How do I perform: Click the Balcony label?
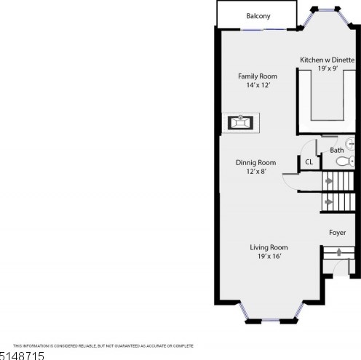[x=258, y=16]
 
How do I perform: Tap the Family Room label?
[x=258, y=76]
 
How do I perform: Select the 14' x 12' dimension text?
[x=258, y=85]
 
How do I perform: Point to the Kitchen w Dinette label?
[x=328, y=60]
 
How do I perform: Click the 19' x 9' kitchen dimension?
[x=328, y=68]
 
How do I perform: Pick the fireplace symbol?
[x=240, y=123]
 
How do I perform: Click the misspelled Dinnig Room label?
[x=255, y=162]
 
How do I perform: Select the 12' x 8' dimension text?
[x=256, y=171]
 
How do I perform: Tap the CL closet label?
[x=309, y=162]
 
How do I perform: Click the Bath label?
[x=337, y=151]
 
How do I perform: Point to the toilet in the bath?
[x=345, y=161]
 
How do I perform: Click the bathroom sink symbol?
[x=350, y=144]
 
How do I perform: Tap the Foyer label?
[x=337, y=233]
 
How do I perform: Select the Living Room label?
[x=269, y=247]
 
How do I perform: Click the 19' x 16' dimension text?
[x=269, y=256]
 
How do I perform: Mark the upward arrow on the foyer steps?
[x=339, y=252]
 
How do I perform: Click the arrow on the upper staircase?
[x=329, y=181]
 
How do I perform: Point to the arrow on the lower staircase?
[x=329, y=202]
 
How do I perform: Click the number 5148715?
[x=22, y=356]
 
